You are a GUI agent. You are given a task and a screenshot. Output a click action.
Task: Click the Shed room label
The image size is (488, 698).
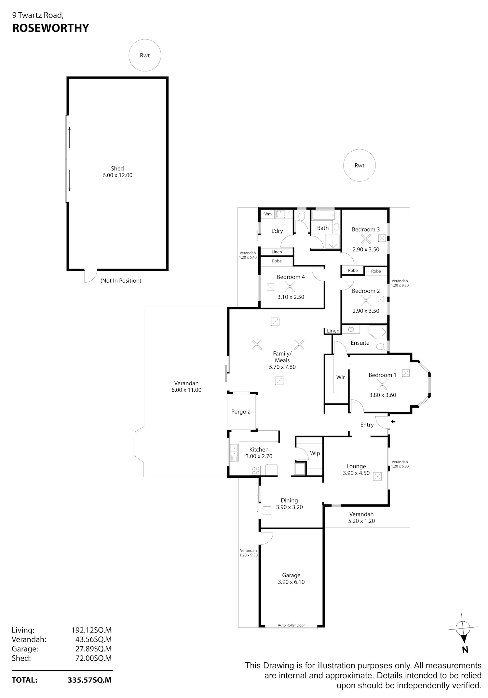(x=117, y=168)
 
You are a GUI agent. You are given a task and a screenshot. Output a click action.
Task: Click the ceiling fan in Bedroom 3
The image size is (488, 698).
(x=366, y=239)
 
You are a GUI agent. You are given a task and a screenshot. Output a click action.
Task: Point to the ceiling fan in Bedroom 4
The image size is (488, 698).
(x=290, y=286)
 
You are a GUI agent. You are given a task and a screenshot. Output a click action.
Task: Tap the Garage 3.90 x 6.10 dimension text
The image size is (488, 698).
(x=291, y=582)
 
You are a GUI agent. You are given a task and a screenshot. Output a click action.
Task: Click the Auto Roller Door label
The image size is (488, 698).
(x=291, y=625)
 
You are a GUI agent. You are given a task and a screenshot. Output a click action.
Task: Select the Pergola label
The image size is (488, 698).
(x=241, y=412)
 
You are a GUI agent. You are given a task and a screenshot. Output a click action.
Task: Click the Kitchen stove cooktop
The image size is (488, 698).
(x=255, y=470)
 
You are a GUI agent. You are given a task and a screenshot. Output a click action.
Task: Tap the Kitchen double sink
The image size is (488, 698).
(x=234, y=452)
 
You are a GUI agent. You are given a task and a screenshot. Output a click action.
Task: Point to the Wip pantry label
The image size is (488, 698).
(x=315, y=453)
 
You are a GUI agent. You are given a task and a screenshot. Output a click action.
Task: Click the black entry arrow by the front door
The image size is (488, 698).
(x=393, y=422)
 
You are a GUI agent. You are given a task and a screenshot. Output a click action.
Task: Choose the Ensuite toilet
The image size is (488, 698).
(x=382, y=346)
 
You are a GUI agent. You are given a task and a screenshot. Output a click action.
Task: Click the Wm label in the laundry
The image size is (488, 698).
(x=268, y=214)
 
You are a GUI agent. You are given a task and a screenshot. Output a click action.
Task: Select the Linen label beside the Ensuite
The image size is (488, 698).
(x=333, y=331)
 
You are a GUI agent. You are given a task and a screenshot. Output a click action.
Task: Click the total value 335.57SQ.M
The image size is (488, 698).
(x=89, y=680)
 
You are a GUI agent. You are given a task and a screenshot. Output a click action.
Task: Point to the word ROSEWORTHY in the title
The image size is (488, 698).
(x=50, y=28)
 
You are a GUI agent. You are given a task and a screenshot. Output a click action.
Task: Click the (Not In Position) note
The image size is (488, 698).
(x=121, y=281)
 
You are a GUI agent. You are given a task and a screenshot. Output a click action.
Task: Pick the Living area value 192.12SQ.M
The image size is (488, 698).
(x=91, y=630)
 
